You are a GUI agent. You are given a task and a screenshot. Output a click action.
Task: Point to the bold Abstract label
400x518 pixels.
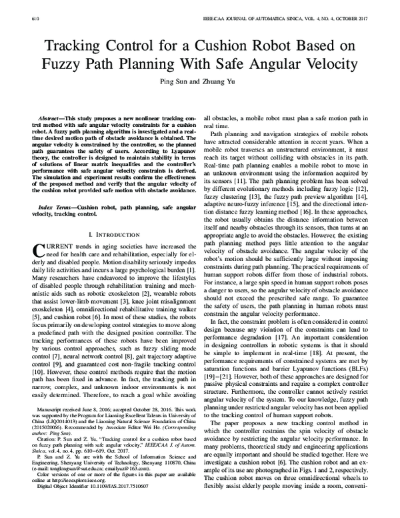pyautogui.click(x=54, y=117)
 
